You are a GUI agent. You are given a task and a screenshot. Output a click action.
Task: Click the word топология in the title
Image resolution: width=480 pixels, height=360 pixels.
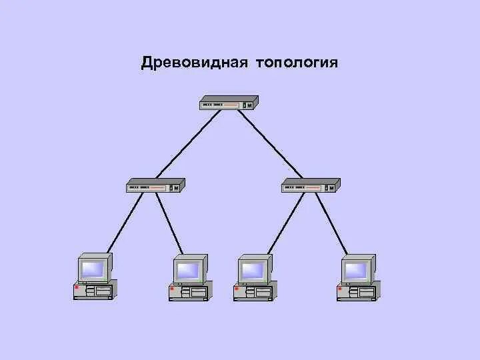click(295, 63)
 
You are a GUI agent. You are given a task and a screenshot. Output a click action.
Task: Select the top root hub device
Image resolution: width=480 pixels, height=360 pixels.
click(229, 103)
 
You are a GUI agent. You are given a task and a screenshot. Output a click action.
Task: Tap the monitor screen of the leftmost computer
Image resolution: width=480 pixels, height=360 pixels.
click(92, 270)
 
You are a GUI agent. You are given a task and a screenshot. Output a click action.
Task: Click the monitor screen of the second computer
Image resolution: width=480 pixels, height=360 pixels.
click(187, 270)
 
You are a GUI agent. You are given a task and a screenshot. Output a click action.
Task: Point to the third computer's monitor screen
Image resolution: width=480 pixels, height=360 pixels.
click(252, 270)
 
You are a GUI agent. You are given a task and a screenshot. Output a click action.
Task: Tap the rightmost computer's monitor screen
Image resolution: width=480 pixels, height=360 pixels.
click(355, 270)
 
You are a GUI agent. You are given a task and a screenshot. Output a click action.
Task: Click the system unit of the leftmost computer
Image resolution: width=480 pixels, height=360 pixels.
click(94, 291)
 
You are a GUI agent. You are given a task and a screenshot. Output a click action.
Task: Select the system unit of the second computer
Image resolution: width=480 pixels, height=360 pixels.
click(189, 291)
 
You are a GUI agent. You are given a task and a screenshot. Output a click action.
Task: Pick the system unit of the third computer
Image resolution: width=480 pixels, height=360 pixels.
click(254, 291)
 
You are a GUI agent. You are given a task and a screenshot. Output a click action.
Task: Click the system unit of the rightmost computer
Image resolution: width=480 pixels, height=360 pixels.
click(357, 291)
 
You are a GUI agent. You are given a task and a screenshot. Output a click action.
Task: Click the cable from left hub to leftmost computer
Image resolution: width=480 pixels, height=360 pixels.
click(125, 223)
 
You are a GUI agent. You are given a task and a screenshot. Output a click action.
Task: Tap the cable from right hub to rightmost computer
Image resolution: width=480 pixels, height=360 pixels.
click(331, 223)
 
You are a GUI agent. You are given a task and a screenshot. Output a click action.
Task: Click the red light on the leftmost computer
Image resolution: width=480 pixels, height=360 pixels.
click(77, 288)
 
